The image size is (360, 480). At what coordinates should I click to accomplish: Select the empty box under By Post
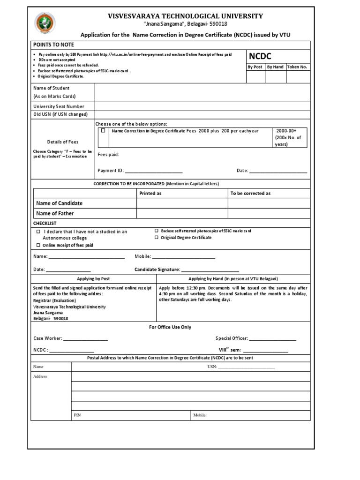[255, 76]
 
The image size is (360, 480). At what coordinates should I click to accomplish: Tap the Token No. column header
[297, 67]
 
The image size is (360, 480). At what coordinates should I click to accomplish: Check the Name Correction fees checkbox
[103, 131]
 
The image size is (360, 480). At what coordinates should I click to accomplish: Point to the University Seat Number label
[59, 106]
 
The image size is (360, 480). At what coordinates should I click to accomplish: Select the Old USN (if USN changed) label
[60, 114]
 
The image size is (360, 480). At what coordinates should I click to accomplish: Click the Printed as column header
[150, 193]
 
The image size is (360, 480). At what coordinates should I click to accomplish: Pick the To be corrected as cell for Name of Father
[268, 213]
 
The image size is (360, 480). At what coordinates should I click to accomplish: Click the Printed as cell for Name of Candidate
[182, 203]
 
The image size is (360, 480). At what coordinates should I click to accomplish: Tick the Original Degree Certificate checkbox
[157, 238]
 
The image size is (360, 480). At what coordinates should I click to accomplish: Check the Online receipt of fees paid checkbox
[38, 245]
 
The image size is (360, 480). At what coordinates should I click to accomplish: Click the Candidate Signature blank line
[210, 270]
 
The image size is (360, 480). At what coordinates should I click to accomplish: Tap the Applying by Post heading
[93, 278]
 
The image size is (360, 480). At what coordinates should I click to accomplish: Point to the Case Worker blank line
[85, 338]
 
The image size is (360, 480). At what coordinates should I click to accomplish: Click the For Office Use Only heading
[170, 327]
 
